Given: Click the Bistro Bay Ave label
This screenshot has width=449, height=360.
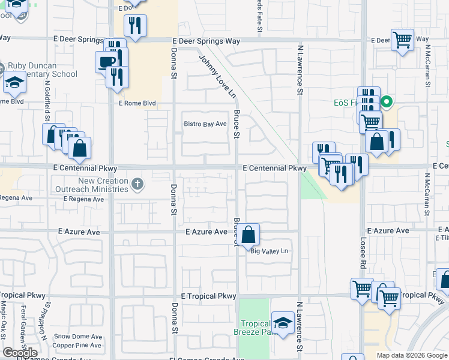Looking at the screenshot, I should [205, 124].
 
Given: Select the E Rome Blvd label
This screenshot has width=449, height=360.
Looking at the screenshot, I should [137, 103].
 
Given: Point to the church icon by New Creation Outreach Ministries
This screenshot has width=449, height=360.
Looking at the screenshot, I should [138, 184].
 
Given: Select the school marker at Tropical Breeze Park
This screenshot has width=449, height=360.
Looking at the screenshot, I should [283, 323].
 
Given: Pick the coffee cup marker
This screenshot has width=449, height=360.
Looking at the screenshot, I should [107, 61].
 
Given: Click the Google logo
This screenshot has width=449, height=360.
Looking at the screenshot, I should [20, 352].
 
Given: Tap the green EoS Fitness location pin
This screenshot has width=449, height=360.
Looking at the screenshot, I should [387, 102].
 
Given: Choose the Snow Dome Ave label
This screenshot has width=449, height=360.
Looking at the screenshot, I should [77, 337].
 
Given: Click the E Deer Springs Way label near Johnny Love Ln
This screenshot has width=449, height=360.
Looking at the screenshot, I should [206, 41].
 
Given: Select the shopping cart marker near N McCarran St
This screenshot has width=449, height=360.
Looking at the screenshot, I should [402, 40].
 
